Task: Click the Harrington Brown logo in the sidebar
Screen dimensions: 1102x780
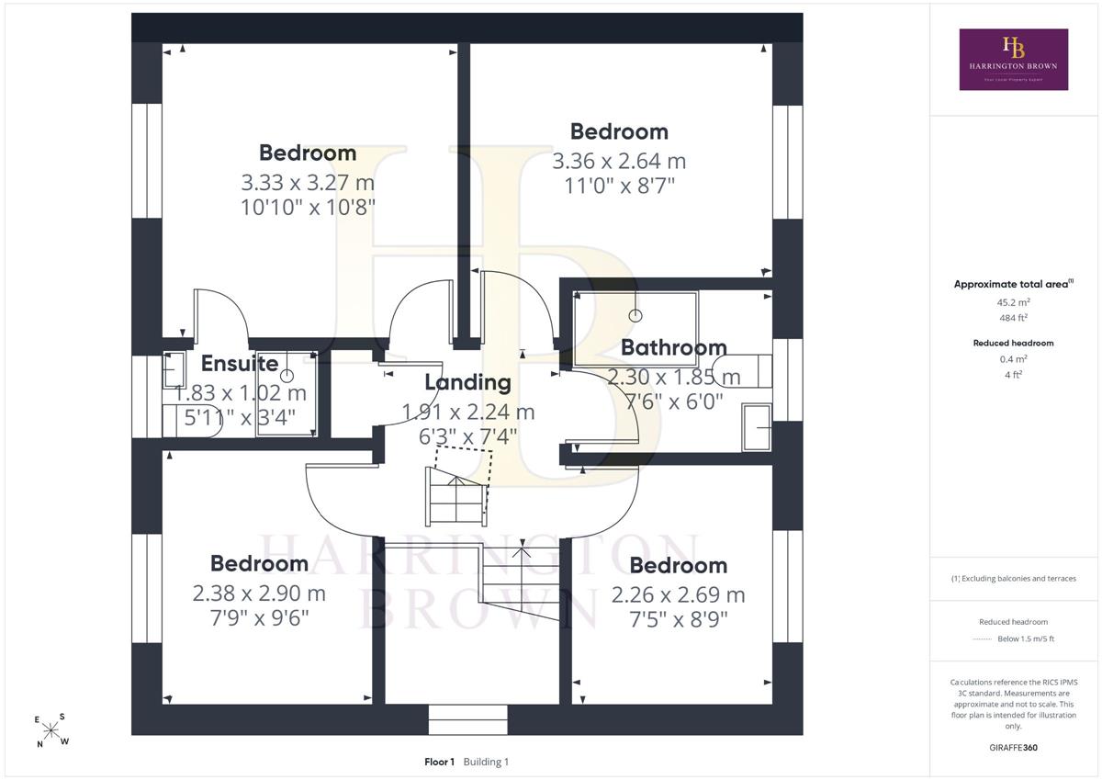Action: coord(1014,60)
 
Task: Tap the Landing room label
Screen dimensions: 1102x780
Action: coord(467,383)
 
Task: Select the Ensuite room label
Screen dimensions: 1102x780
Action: coord(240,364)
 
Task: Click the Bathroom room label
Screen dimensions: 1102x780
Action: coord(673,348)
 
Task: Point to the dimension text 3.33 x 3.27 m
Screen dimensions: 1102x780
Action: coord(308,183)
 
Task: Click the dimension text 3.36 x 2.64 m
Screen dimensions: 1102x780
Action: coord(619,162)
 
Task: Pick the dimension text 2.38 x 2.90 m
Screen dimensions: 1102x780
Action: coord(259,593)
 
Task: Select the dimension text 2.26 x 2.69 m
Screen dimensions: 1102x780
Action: coord(679,595)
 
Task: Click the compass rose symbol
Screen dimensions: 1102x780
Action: coord(51,730)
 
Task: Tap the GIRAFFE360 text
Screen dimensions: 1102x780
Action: coord(1014,748)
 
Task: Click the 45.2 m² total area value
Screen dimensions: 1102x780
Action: coord(1014,302)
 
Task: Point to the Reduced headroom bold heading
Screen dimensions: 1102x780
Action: coord(1014,343)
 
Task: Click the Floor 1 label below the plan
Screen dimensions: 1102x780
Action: coord(439,762)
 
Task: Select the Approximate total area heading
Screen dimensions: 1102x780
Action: coord(1014,284)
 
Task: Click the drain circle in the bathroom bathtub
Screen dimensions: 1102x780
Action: coord(635,316)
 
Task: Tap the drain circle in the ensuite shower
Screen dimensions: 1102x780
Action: coord(287,376)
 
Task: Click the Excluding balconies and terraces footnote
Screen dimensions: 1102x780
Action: coord(1014,579)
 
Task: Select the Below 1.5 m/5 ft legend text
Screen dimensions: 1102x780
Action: coord(1026,639)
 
